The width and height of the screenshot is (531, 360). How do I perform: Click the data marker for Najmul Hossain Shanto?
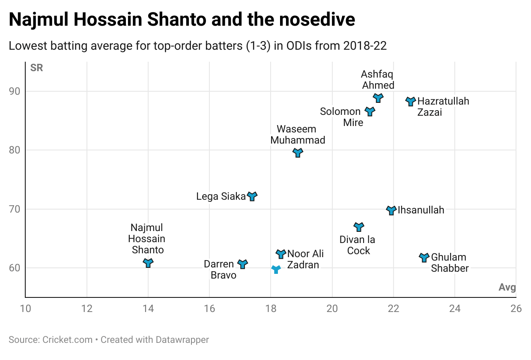pyautogui.click(x=148, y=263)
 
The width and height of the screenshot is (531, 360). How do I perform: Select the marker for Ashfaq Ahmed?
pyautogui.click(x=378, y=98)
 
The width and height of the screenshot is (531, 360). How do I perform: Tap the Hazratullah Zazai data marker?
pyautogui.click(x=411, y=101)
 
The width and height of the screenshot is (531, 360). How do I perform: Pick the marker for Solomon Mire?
pyautogui.click(x=370, y=111)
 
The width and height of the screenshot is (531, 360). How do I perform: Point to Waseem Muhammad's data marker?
pyautogui.click(x=298, y=153)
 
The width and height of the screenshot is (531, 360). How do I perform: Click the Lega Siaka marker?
pyautogui.click(x=252, y=196)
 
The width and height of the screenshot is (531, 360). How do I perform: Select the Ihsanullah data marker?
pyautogui.click(x=391, y=210)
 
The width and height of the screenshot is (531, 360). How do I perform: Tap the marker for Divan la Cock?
pyautogui.click(x=359, y=226)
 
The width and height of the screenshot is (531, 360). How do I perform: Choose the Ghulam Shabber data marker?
pyautogui.click(x=424, y=257)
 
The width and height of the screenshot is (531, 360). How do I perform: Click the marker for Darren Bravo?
pyautogui.click(x=243, y=264)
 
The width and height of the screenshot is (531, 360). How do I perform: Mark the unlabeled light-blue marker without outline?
pyautogui.click(x=276, y=269)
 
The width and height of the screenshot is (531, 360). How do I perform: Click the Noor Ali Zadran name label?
pyautogui.click(x=305, y=259)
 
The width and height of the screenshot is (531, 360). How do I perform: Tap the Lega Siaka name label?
pyautogui.click(x=221, y=196)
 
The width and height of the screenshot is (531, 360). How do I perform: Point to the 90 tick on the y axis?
pyautogui.click(x=20, y=91)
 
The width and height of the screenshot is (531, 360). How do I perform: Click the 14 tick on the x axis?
pyautogui.click(x=148, y=309)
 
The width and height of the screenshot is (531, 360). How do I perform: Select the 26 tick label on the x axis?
pyautogui.click(x=516, y=309)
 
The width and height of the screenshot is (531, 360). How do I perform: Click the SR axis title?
pyautogui.click(x=37, y=68)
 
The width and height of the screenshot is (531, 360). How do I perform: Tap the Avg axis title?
pyautogui.click(x=507, y=287)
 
